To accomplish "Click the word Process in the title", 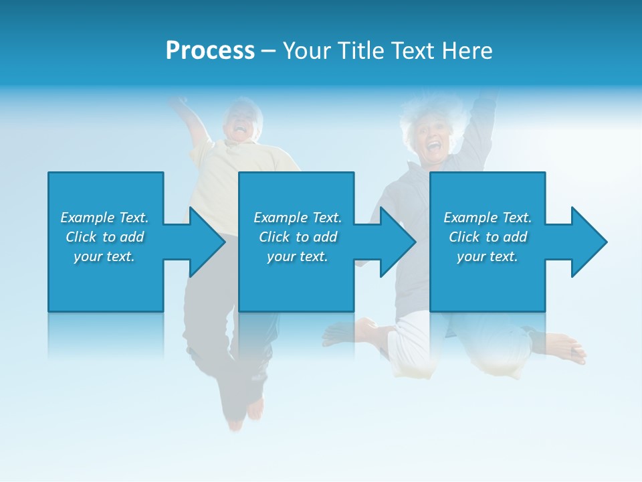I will pos(210,51).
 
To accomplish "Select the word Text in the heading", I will pos(413,51).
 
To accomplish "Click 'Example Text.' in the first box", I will pos(104,218).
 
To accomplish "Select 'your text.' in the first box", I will pos(104,256).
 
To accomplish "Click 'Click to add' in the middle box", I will pos(298,237).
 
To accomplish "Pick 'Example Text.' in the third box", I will pos(488,218).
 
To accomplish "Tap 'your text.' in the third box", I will pos(488,256).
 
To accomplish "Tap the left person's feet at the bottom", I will pos(244,412).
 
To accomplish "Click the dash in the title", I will pos(268,51).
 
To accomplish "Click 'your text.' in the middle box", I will pos(298,256).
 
